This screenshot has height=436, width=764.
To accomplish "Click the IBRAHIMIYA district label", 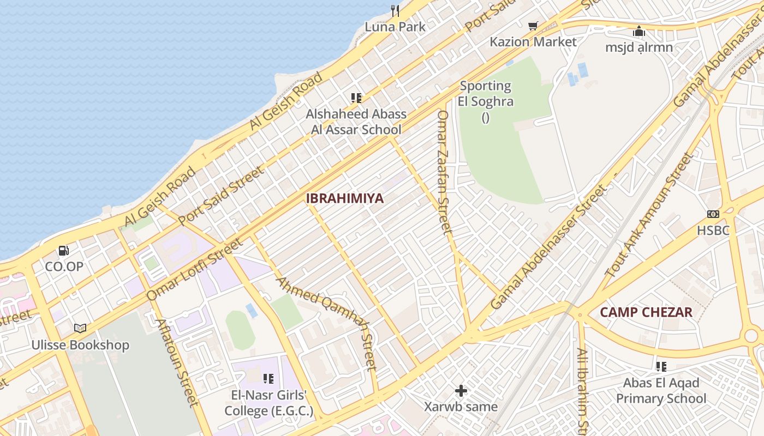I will point(344,198).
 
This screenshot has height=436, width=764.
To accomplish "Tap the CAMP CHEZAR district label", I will point(646,312).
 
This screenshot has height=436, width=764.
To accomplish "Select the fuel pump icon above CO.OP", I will point(64,251).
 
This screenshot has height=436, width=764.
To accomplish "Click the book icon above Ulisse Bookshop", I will point(80,328).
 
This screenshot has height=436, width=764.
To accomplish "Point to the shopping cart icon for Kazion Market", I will point(533,26).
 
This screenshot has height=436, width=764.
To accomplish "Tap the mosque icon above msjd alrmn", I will point(639,31).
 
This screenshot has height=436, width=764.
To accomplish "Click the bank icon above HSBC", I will point(713,214).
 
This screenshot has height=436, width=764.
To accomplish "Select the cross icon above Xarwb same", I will point(461,390).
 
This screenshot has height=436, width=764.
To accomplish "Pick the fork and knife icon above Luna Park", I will point(395,10).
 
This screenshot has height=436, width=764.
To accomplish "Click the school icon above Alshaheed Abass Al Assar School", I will point(356,98).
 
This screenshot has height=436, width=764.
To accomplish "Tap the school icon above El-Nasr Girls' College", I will point(268,378).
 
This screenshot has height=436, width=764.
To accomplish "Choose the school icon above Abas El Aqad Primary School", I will point(661,367).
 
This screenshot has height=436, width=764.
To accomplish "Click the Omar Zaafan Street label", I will point(445,172).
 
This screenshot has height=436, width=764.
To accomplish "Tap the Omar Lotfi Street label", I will point(194,270).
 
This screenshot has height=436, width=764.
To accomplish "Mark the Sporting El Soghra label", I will point(485,93).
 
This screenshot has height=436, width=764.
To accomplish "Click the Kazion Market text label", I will point(533,42).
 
